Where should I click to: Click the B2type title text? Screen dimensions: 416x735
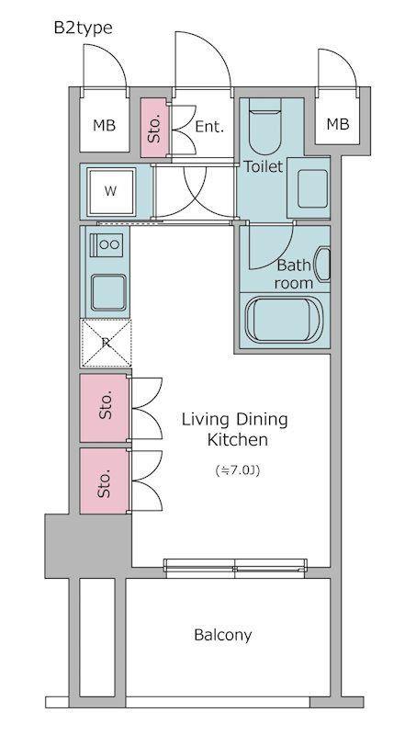[x=83, y=28]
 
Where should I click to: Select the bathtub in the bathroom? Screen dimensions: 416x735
[x=283, y=319]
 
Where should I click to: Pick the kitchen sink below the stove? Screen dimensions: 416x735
[x=108, y=292]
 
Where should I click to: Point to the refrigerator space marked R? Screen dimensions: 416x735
[x=106, y=343]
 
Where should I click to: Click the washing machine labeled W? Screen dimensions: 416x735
[x=111, y=191]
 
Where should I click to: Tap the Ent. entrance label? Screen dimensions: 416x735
[x=209, y=127]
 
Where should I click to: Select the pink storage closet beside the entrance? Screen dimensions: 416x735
[x=154, y=128]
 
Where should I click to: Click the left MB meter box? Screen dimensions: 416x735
[x=105, y=125]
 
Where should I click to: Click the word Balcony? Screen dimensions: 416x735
[x=222, y=636]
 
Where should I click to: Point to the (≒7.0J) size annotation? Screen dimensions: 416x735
[x=238, y=470]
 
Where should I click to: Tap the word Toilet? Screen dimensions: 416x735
[x=264, y=166]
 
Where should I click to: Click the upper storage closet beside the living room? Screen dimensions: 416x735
[x=105, y=407]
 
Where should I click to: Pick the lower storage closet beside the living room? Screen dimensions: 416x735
[x=105, y=481]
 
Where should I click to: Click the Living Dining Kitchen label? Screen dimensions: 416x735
[x=235, y=429]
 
